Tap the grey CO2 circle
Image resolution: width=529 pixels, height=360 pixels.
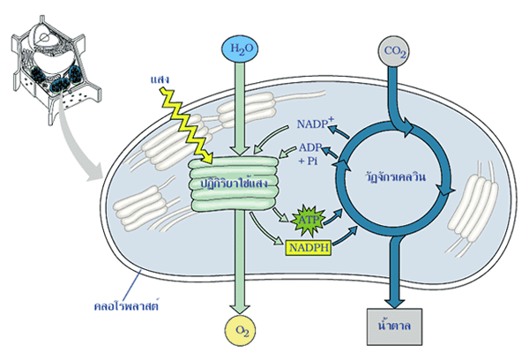(x=394, y=54)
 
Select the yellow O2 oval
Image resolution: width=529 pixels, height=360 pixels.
(x=240, y=330)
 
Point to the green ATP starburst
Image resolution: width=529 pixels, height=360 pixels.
(x=309, y=217)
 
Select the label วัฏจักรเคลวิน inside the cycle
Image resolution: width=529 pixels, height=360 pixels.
(x=396, y=176)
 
